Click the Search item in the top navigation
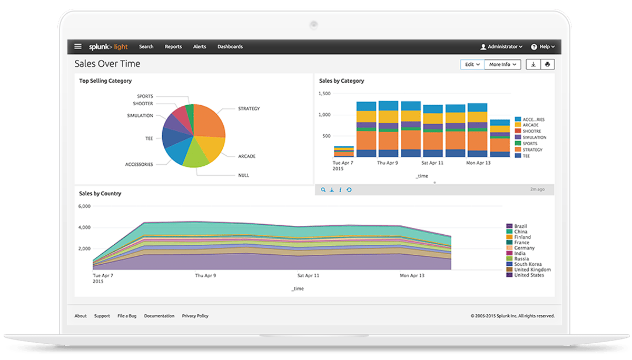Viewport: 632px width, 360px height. pos(146,46)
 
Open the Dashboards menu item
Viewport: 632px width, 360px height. pos(230,46)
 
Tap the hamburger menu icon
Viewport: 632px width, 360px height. pos(78,46)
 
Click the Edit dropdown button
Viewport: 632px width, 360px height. pos(472,64)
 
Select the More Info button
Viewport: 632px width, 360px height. pos(502,64)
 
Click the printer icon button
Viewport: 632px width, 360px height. pos(547,64)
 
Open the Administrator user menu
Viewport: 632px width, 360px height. pos(501,46)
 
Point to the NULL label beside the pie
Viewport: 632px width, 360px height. pos(243,175)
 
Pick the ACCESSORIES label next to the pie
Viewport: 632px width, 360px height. pos(139,164)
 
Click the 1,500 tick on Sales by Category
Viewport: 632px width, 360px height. pos(324,94)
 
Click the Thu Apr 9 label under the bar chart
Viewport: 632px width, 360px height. pos(388,163)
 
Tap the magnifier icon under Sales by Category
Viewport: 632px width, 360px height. pos(323,189)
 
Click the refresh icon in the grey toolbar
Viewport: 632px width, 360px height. pos(349,189)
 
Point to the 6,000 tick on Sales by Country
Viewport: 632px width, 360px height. pos(84,206)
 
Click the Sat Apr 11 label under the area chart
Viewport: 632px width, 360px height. pos(308,275)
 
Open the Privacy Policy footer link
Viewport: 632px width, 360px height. pos(195,316)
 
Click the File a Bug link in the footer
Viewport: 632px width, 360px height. pos(127,316)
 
